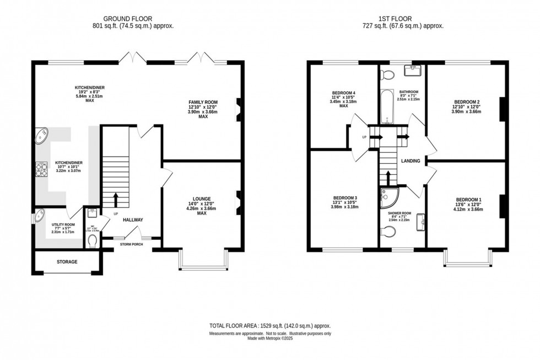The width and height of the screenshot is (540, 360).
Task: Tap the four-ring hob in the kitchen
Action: (42, 170)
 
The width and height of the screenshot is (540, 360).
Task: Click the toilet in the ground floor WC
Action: (93, 240)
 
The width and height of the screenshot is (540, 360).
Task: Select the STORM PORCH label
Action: (131, 244)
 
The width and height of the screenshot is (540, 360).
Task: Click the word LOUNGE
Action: (202, 198)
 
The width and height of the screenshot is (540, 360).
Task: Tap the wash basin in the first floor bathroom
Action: (412, 70)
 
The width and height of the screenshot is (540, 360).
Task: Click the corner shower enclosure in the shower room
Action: (388, 196)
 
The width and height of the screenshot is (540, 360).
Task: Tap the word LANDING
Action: (411, 161)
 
